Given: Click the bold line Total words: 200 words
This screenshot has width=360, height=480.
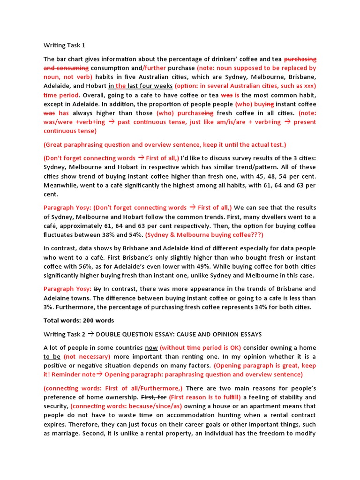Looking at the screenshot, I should [79, 321].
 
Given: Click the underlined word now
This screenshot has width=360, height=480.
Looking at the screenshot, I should [151, 348].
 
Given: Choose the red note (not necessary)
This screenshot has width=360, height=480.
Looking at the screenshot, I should [87, 357].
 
